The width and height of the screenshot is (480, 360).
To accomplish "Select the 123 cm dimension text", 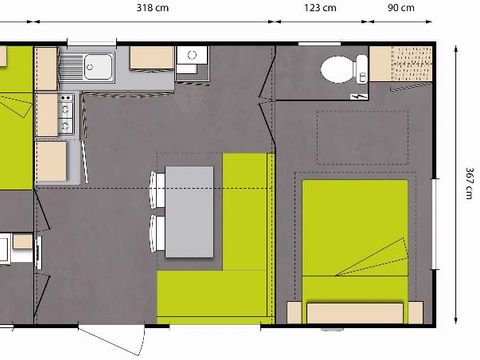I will [x=320, y=7].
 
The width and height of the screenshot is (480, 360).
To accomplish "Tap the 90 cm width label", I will [x=400, y=7].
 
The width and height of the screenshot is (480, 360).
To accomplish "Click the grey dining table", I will [x=189, y=211].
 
